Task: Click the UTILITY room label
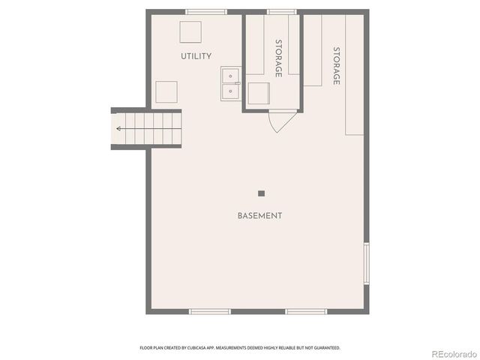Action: click(196, 56)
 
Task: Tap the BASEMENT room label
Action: click(259, 216)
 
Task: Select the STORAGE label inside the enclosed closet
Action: click(278, 58)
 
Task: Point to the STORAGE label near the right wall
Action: click(337, 66)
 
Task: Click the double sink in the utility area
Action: click(230, 84)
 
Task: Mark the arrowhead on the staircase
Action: click(119, 128)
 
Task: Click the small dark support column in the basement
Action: click(261, 193)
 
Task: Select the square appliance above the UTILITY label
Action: click(190, 33)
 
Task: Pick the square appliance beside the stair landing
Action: click(166, 92)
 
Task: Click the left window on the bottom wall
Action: click(209, 311)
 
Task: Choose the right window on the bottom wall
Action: click(306, 311)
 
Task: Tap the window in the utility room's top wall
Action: click(206, 11)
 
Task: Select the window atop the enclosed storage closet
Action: click(280, 11)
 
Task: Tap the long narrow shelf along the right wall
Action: click(355, 75)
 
